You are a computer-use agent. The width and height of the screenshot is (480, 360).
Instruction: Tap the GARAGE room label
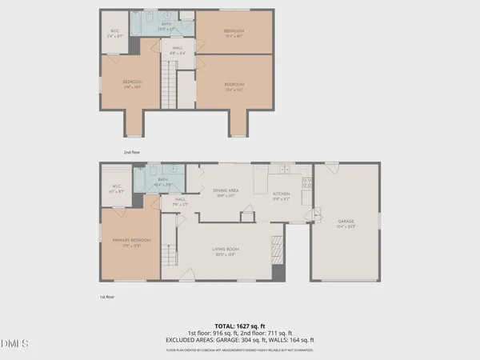[x=346, y=222]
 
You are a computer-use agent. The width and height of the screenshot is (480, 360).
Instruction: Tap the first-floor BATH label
[x=162, y=180]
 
